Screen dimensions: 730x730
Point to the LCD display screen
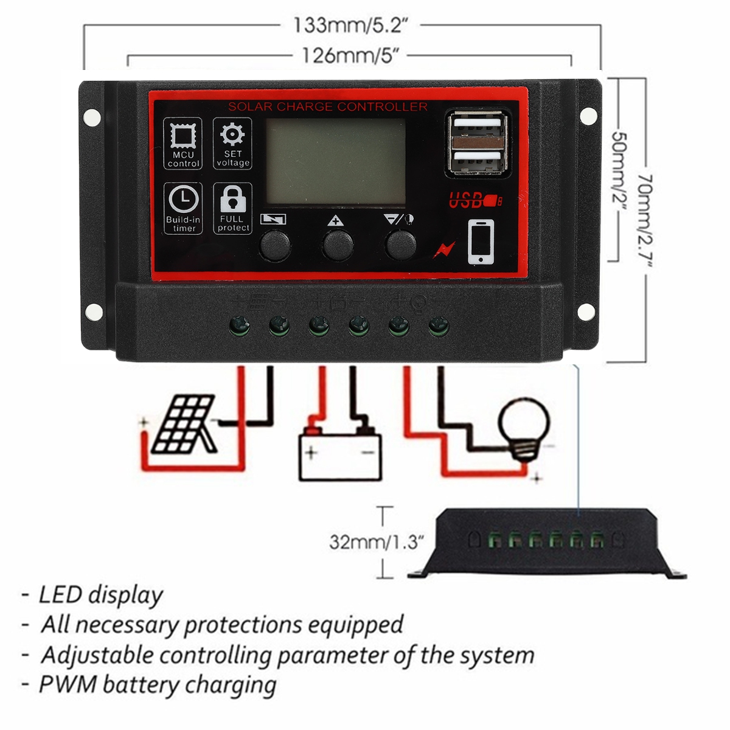click(335, 161)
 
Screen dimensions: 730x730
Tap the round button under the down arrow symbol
click(401, 245)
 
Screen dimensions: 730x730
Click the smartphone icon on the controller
click(481, 242)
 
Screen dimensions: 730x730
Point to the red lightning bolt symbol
click(444, 250)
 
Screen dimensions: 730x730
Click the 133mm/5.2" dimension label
click(350, 25)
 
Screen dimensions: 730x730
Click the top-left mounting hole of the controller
click(92, 116)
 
